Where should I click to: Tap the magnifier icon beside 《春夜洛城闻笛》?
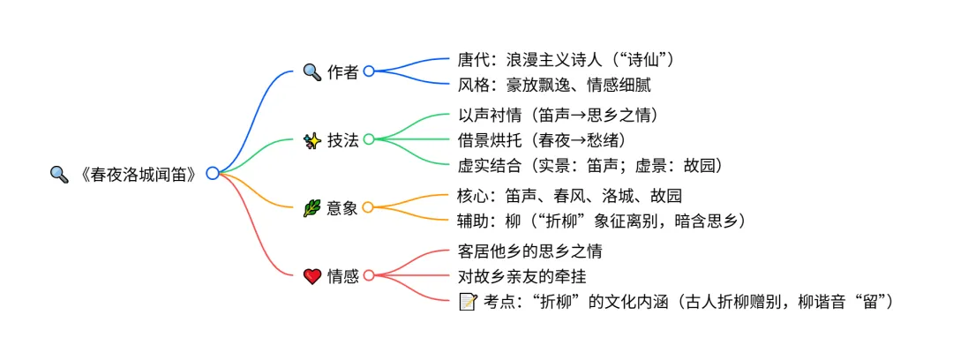(x=59, y=174)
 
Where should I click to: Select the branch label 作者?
(x=343, y=72)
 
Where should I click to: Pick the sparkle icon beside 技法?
(x=311, y=139)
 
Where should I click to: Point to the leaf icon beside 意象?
(x=311, y=208)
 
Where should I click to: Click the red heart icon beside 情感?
(x=311, y=276)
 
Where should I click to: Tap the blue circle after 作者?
(x=369, y=71)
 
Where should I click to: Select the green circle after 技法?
(x=369, y=139)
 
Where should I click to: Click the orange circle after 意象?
(x=369, y=208)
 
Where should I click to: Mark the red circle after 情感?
(x=369, y=276)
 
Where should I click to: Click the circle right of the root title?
(x=213, y=174)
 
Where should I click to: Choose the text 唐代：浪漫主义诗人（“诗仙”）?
(x=567, y=60)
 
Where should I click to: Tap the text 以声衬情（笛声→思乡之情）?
(x=559, y=115)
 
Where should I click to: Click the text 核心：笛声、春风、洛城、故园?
(x=570, y=195)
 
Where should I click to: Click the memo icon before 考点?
(x=468, y=302)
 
